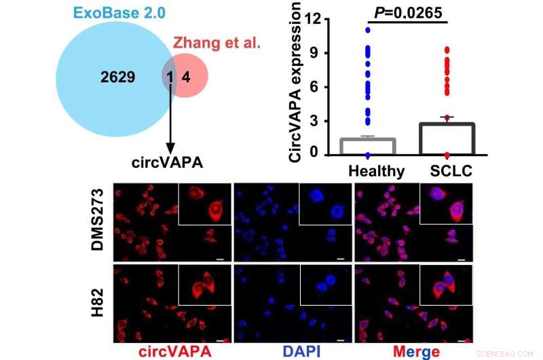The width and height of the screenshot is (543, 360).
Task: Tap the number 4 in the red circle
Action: pyautogui.click(x=186, y=78)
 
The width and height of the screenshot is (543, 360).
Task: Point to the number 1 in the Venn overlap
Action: pyautogui.click(x=170, y=78)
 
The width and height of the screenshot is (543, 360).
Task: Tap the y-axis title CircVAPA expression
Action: pyautogui.click(x=296, y=82)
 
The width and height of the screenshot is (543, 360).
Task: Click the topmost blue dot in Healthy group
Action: pyautogui.click(x=368, y=30)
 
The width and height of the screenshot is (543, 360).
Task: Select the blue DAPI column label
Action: pyautogui.click(x=293, y=349)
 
